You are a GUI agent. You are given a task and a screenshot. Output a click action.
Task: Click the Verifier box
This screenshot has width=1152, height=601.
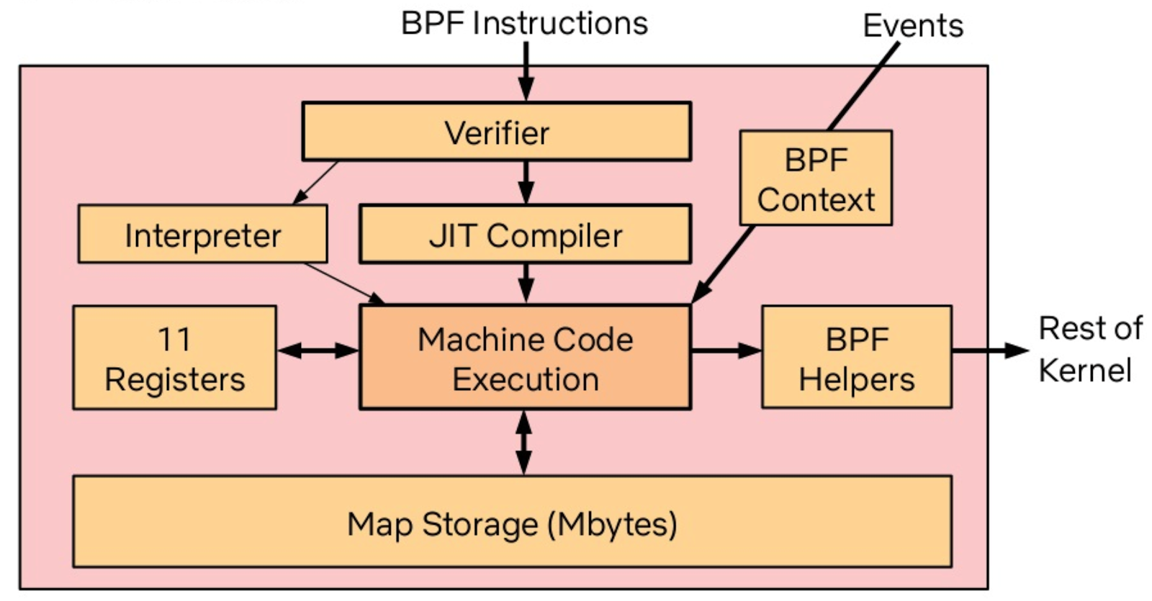pyautogui.click(x=496, y=131)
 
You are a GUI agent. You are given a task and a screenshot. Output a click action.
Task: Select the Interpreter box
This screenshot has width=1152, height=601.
pyautogui.click(x=202, y=235)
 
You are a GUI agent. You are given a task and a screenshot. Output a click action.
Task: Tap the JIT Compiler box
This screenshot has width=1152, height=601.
pyautogui.click(x=525, y=235)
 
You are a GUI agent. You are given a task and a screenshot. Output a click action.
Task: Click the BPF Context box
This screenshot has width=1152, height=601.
pyautogui.click(x=815, y=179)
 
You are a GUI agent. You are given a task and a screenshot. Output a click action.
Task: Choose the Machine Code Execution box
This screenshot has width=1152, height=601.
pyautogui.click(x=525, y=358)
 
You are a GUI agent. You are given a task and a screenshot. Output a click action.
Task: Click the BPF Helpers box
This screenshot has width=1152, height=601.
pyautogui.click(x=856, y=358)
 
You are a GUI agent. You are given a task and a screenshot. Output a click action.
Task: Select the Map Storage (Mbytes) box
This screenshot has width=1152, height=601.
pyautogui.click(x=512, y=523)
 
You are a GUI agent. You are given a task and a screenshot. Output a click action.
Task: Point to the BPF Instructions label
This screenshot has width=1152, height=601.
pyautogui.click(x=524, y=23)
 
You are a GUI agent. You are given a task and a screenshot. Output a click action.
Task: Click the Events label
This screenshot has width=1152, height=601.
pyautogui.click(x=912, y=26)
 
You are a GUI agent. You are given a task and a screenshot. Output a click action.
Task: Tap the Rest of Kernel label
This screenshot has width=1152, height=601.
pyautogui.click(x=1089, y=349)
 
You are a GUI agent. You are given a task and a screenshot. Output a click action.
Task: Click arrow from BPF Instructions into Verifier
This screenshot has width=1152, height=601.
pyautogui.click(x=526, y=72)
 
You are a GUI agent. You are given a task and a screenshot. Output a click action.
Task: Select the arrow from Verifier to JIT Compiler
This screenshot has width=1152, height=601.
pyautogui.click(x=526, y=182)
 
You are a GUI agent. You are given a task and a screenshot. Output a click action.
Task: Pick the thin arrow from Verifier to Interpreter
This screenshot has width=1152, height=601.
pyautogui.click(x=315, y=183)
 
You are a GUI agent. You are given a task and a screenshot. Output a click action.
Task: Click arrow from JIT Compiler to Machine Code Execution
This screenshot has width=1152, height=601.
pyautogui.click(x=526, y=283)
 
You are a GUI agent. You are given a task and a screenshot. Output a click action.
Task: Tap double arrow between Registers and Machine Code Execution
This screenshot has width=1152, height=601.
pyautogui.click(x=318, y=351)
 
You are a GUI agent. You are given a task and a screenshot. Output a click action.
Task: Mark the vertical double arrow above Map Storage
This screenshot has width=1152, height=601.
pyautogui.click(x=524, y=442)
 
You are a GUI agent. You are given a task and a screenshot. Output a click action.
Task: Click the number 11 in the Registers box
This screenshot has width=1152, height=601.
pyautogui.click(x=174, y=339)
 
